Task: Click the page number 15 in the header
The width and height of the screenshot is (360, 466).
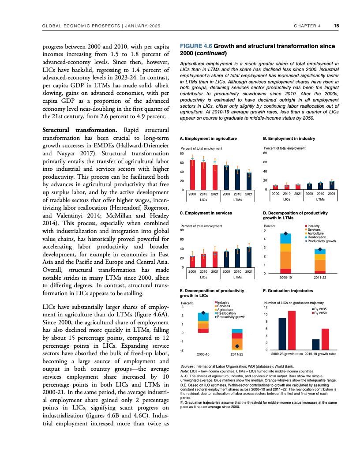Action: [336, 26]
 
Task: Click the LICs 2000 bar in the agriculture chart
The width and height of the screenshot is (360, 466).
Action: [192, 174]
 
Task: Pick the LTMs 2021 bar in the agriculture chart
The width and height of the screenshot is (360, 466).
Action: [249, 180]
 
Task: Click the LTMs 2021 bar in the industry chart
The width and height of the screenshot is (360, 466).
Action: [332, 185]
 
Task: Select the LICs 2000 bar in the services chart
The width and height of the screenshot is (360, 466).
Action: [192, 262]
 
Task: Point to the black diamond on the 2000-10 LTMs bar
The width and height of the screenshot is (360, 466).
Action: [285, 234]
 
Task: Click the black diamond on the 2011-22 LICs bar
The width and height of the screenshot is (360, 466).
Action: [237, 346]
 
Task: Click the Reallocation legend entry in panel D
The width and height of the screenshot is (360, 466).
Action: [316, 237]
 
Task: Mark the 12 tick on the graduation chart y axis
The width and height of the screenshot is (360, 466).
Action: [266, 307]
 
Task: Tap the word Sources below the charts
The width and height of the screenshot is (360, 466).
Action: [188, 366]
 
